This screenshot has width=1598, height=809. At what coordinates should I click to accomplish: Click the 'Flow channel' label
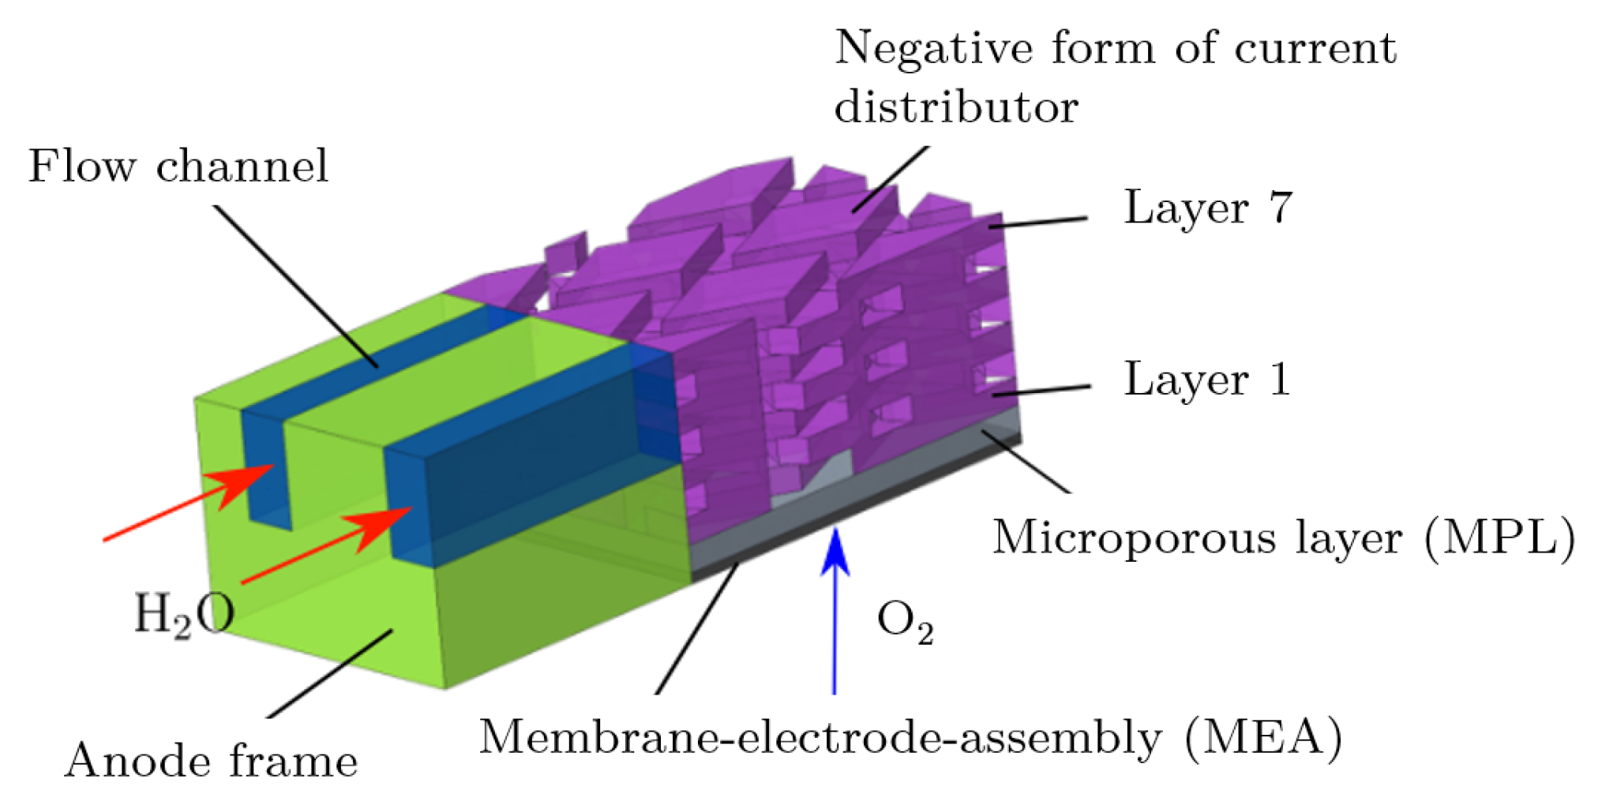click(x=178, y=167)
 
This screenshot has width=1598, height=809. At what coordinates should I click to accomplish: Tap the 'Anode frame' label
click(x=211, y=762)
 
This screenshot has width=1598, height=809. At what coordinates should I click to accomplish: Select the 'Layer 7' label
click(x=1208, y=208)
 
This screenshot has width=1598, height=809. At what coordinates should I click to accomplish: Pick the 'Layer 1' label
click(x=1207, y=380)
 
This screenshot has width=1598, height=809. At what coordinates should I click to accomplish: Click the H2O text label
click(x=184, y=615)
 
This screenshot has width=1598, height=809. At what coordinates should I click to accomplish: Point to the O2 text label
click(x=906, y=621)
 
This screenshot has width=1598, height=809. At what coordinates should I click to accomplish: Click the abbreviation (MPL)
click(x=1499, y=538)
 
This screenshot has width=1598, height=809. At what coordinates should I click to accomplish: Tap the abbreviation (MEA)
click(x=1263, y=738)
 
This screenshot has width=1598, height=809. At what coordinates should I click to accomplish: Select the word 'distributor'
click(x=956, y=107)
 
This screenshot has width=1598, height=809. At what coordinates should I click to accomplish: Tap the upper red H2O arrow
click(x=189, y=501)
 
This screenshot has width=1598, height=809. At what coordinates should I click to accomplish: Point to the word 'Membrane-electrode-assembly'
click(x=820, y=738)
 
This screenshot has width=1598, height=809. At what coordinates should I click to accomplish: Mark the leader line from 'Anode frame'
click(x=330, y=673)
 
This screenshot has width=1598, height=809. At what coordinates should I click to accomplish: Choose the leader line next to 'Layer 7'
click(x=1038, y=223)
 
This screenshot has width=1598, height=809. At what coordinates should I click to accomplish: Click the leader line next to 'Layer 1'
click(x=1042, y=391)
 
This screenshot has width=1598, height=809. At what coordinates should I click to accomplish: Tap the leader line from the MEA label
click(x=697, y=627)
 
